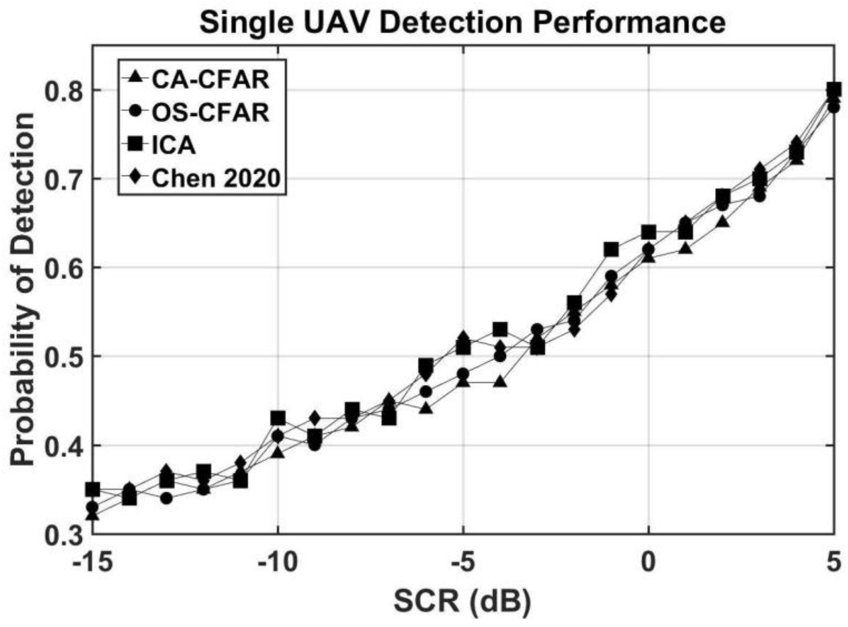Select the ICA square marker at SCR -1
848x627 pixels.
tap(611, 249)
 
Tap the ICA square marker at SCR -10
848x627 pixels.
tap(278, 418)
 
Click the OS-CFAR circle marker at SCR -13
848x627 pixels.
tap(166, 498)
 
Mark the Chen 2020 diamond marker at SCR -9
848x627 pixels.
tap(315, 418)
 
